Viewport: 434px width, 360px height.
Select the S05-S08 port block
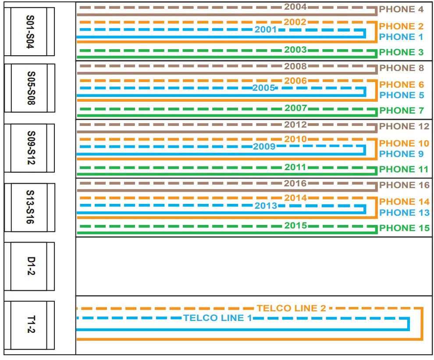point(30,88)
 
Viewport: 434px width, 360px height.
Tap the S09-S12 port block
point(30,148)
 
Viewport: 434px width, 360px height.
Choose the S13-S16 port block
point(30,207)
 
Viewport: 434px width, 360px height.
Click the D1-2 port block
point(30,266)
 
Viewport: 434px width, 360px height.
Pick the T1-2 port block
point(30,325)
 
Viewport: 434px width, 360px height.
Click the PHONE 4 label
point(401,9)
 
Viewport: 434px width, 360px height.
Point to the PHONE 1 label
point(401,37)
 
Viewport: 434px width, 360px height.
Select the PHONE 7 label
point(401,110)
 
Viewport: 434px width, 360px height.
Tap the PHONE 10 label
point(404,143)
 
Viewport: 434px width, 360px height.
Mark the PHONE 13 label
point(404,213)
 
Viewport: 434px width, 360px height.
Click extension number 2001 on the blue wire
point(266,30)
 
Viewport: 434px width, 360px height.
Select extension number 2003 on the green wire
point(295,50)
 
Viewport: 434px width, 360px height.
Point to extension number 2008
point(295,67)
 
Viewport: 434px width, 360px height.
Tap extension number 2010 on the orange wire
point(295,139)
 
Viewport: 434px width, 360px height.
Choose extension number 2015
point(295,226)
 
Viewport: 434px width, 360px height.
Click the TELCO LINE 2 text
point(292,308)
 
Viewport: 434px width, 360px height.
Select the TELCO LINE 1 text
point(217,318)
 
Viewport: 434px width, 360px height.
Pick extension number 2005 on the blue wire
point(263,88)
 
